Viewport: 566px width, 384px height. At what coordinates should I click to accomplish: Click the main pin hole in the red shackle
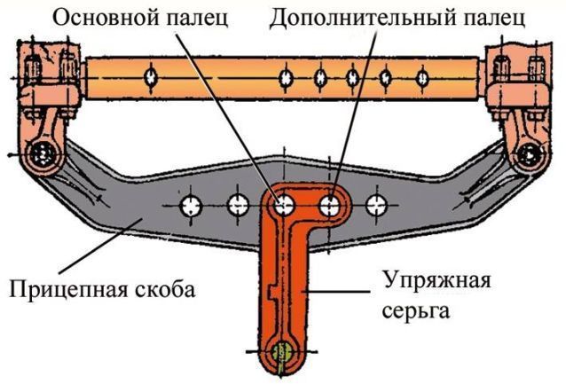coord(285,207)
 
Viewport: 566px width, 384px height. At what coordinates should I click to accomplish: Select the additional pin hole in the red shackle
coord(331,207)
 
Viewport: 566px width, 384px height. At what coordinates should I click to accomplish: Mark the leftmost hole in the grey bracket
coord(191,208)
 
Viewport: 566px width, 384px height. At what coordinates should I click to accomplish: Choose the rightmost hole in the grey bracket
coord(378,206)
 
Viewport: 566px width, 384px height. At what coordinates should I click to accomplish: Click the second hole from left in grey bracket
coord(237,207)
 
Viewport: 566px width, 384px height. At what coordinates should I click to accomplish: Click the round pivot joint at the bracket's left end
coord(40,154)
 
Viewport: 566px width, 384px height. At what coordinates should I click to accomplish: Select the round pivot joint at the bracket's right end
coord(531,153)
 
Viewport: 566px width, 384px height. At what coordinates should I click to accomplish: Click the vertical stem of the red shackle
coord(285,284)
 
